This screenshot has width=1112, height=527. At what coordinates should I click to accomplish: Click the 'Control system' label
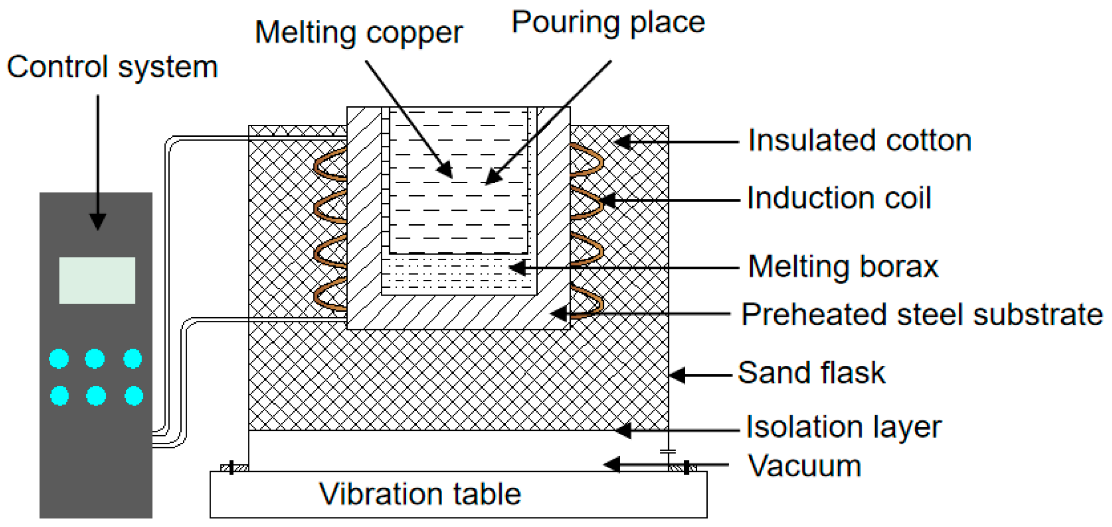[x=112, y=67]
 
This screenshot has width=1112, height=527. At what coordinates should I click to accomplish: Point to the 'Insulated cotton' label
[x=859, y=141]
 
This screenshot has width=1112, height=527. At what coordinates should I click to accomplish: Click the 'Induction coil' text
[x=838, y=198]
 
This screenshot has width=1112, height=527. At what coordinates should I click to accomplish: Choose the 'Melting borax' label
[x=843, y=267]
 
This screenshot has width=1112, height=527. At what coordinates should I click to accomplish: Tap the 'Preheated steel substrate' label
[x=922, y=315]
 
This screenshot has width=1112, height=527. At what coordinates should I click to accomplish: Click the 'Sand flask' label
[x=811, y=373]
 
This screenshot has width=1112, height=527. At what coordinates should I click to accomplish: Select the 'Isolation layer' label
[x=843, y=427]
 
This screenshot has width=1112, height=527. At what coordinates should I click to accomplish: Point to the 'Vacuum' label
[x=804, y=466]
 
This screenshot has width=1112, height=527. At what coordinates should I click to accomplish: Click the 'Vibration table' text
[x=420, y=494]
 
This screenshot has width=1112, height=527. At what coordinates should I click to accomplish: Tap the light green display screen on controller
[x=97, y=280]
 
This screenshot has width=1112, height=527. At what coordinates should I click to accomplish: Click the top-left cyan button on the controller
[x=59, y=359]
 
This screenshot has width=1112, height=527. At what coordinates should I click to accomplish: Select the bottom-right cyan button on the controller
[x=133, y=396]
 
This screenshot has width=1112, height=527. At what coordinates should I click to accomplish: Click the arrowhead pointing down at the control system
[x=98, y=221]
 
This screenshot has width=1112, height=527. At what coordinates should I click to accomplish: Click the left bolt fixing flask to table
[x=232, y=467]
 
